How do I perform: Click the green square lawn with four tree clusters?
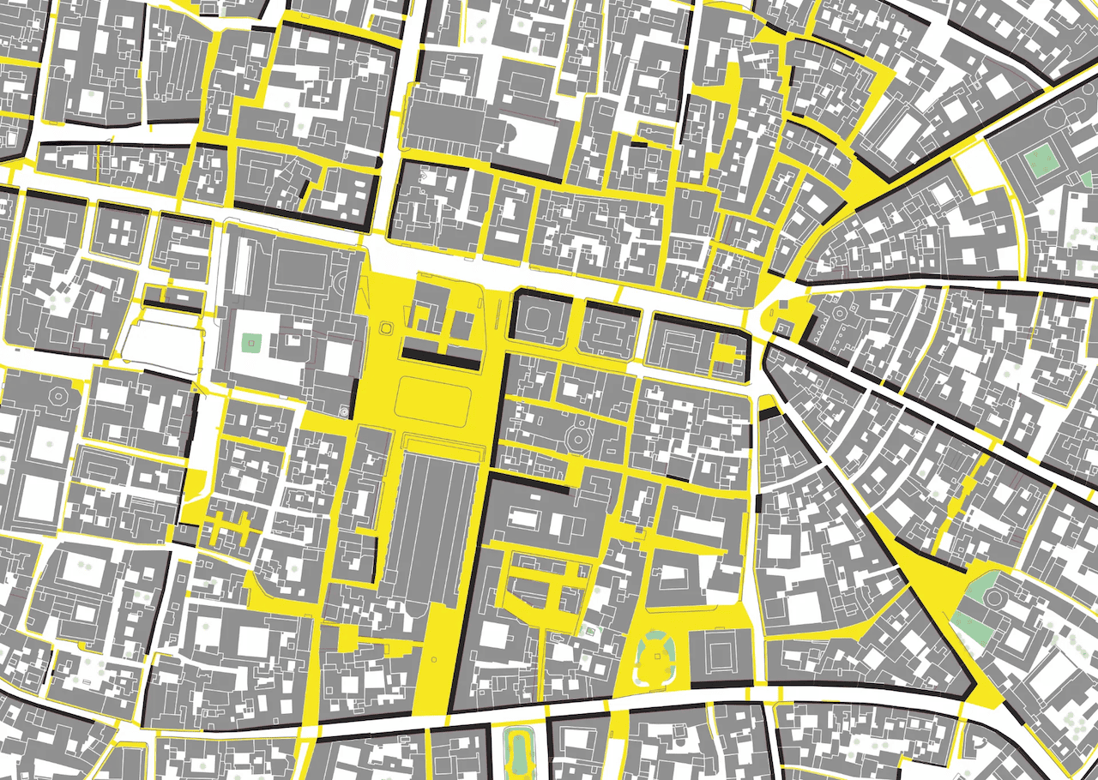click(x=1041, y=160)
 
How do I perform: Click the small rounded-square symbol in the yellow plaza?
click(x=385, y=327)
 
